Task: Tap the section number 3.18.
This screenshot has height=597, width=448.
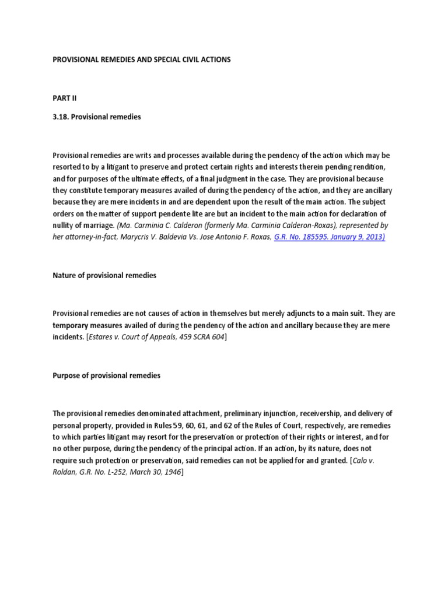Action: [x=62, y=117]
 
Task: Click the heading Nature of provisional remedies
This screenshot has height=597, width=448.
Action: [x=104, y=275]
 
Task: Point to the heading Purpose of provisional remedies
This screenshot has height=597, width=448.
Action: [x=106, y=375]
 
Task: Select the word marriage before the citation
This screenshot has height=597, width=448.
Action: [x=100, y=226]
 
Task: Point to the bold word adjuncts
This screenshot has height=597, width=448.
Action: [x=302, y=314]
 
